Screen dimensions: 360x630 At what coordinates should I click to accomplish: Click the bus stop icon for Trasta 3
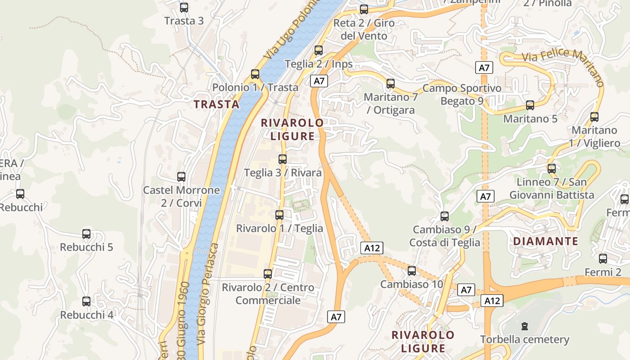pyautogui.click(x=184, y=8)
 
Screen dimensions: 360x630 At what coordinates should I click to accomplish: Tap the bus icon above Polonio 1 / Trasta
pyautogui.click(x=255, y=74)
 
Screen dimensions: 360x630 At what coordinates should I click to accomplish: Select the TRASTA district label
pyautogui.click(x=216, y=104)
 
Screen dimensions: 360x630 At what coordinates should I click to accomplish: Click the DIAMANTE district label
pyautogui.click(x=545, y=241)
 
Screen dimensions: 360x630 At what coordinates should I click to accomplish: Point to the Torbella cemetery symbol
pyautogui.click(x=524, y=326)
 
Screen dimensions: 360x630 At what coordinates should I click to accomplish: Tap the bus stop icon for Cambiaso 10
pyautogui.click(x=412, y=271)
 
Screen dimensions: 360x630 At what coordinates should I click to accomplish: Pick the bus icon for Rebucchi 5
pyautogui.click(x=86, y=234)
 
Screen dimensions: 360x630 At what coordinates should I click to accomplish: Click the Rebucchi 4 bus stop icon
pyautogui.click(x=86, y=301)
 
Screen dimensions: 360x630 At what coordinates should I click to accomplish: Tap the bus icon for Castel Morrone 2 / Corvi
pyautogui.click(x=181, y=177)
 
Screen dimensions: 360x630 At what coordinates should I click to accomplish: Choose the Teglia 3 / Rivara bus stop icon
pyautogui.click(x=283, y=159)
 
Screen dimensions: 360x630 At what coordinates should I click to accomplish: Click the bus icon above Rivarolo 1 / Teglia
pyautogui.click(x=279, y=215)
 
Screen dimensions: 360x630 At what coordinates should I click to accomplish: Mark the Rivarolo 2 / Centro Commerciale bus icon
pyautogui.click(x=268, y=274)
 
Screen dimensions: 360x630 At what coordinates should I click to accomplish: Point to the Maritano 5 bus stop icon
pyautogui.click(x=530, y=105)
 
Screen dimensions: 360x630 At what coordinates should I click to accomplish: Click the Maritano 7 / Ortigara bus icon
pyautogui.click(x=391, y=84)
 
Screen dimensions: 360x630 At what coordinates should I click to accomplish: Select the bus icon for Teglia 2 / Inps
pyautogui.click(x=319, y=50)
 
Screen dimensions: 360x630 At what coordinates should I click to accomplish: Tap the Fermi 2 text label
pyautogui.click(x=603, y=272)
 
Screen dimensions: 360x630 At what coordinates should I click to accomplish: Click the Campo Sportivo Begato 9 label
pyautogui.click(x=462, y=94)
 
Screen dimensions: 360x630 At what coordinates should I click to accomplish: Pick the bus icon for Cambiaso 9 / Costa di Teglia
pyautogui.click(x=445, y=216)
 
